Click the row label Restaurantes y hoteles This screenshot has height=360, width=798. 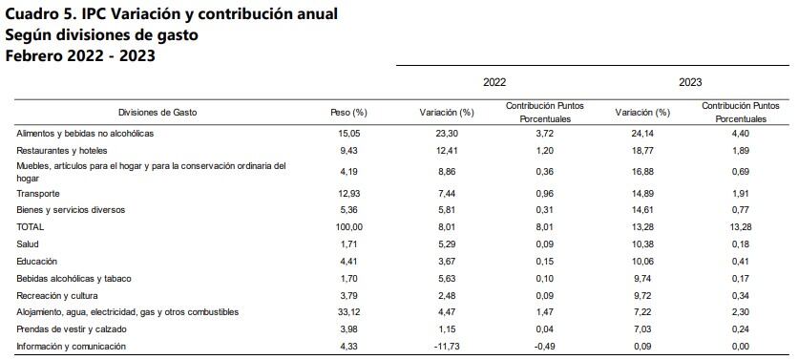(61, 151)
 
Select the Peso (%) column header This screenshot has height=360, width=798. (348, 113)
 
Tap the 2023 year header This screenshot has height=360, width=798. (690, 83)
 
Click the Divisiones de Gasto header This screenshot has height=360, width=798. (157, 113)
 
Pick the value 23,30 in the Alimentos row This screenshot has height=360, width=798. (447, 134)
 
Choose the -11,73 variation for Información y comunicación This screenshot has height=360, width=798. (445, 347)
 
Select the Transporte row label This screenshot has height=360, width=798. (39, 194)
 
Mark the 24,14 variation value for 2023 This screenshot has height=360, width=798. (643, 134)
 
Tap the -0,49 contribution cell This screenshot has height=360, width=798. (544, 347)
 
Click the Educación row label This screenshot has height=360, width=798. (38, 261)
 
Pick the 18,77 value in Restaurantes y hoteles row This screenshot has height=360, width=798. (643, 151)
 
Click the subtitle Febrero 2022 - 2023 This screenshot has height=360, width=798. (80, 55)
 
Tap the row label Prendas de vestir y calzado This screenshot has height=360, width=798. (71, 329)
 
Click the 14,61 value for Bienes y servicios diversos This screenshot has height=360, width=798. (643, 210)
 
